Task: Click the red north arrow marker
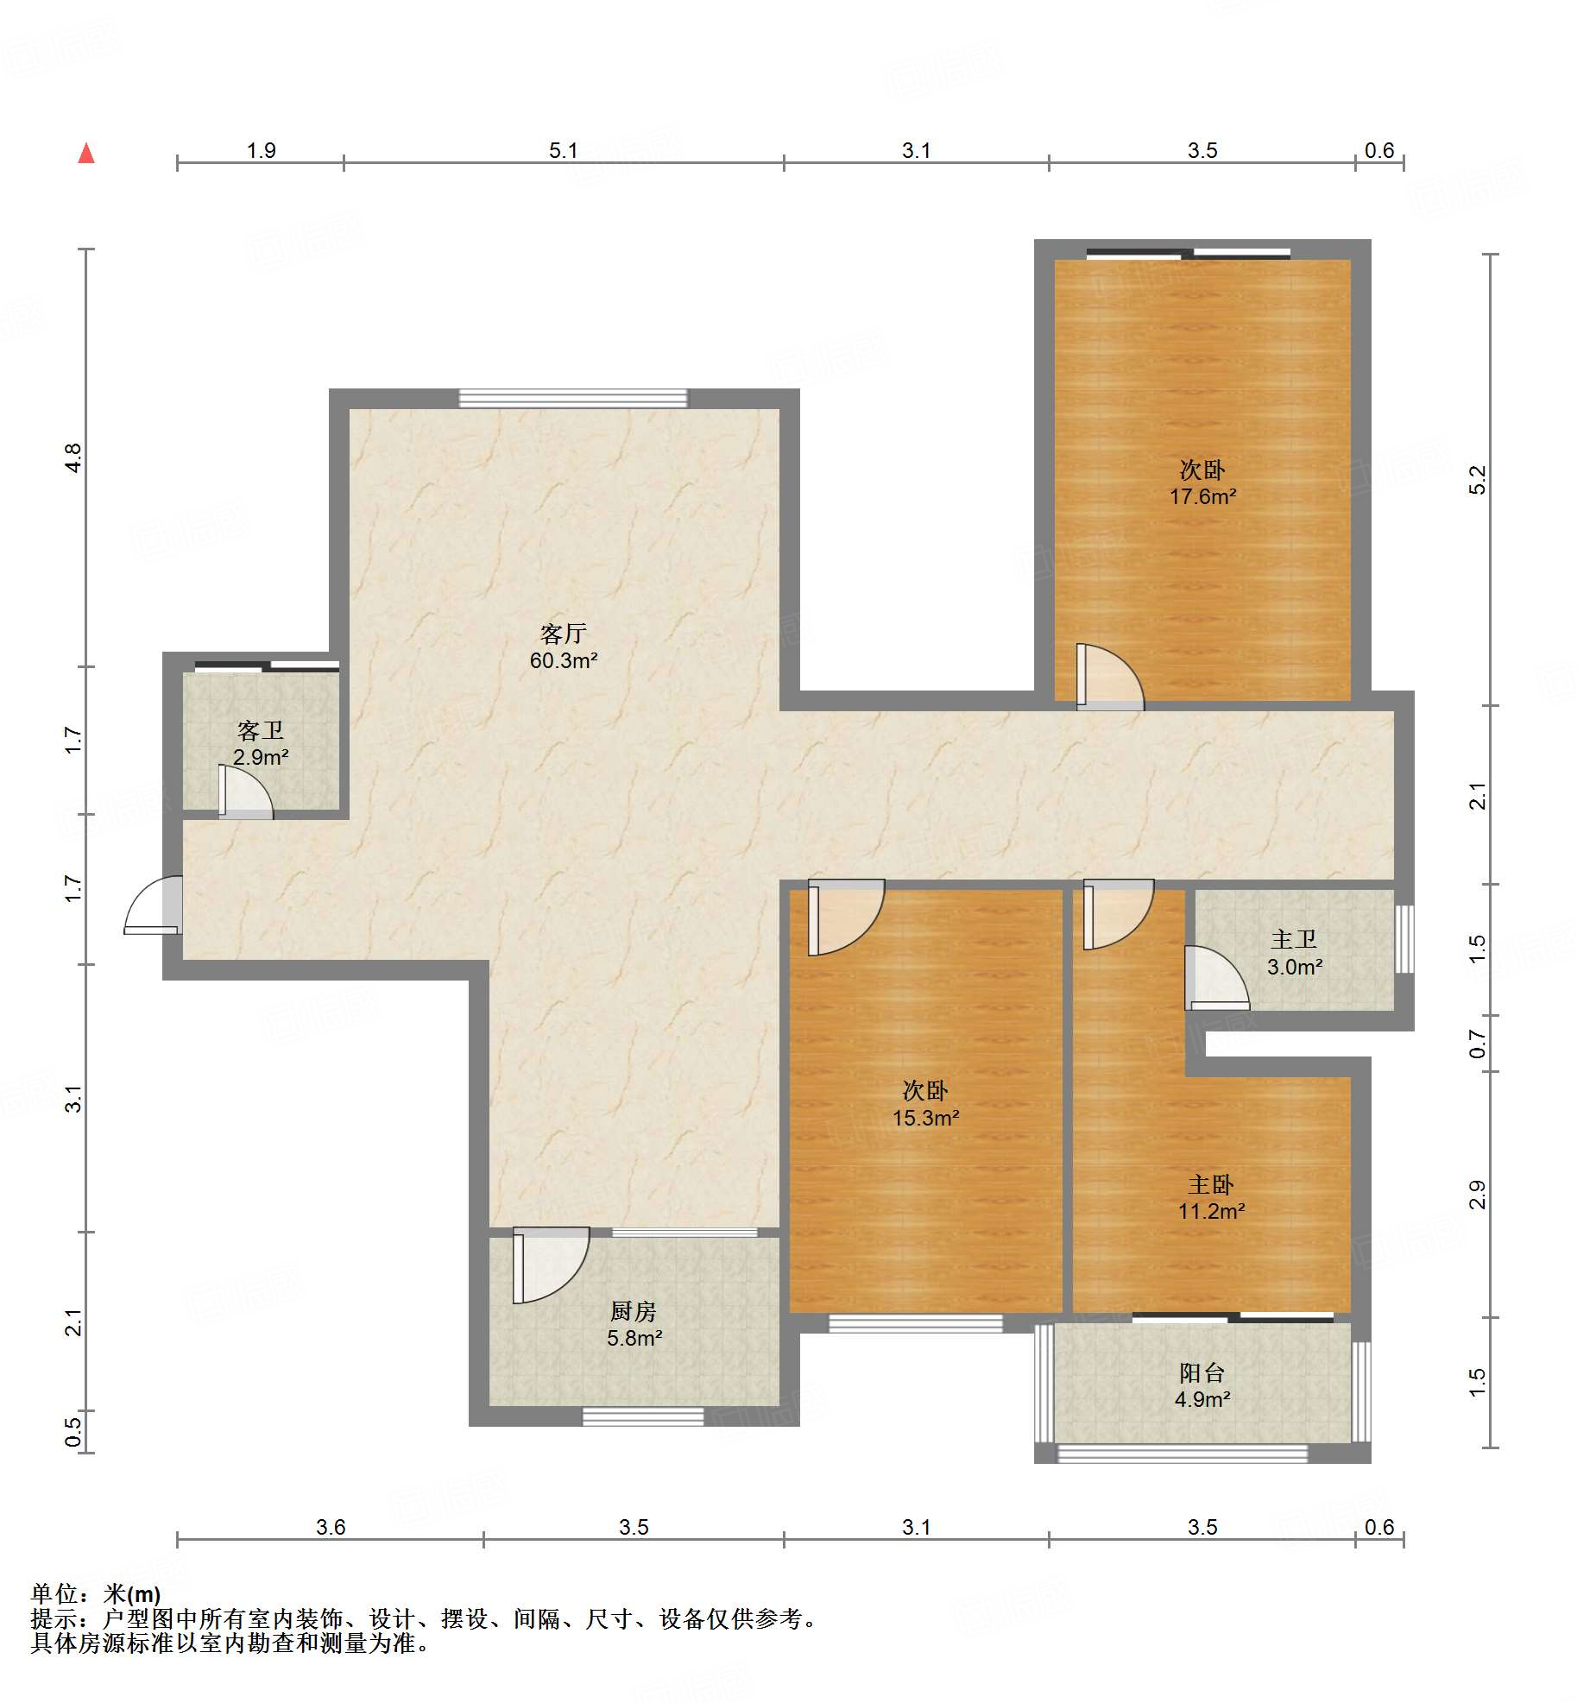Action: [86, 154]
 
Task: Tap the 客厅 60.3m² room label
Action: [564, 647]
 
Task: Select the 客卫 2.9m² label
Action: [260, 744]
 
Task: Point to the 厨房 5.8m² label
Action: [634, 1325]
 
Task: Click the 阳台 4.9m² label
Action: [1202, 1385]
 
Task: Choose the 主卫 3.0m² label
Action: [1294, 952]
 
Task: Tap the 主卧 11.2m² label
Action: [1211, 1197]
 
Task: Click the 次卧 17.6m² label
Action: [1202, 483]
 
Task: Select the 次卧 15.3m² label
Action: [925, 1104]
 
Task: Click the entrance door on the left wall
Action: [154, 905]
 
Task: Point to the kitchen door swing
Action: [551, 1265]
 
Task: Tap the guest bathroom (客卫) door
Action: [245, 791]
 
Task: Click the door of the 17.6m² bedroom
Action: [1110, 678]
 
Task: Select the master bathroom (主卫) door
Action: [1217, 978]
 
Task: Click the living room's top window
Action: [573, 398]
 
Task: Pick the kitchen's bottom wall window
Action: [643, 1416]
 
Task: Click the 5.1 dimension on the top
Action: [564, 150]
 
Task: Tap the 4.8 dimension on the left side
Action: [73, 457]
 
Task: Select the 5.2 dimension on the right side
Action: [1478, 480]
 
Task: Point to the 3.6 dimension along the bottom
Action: [331, 1527]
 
